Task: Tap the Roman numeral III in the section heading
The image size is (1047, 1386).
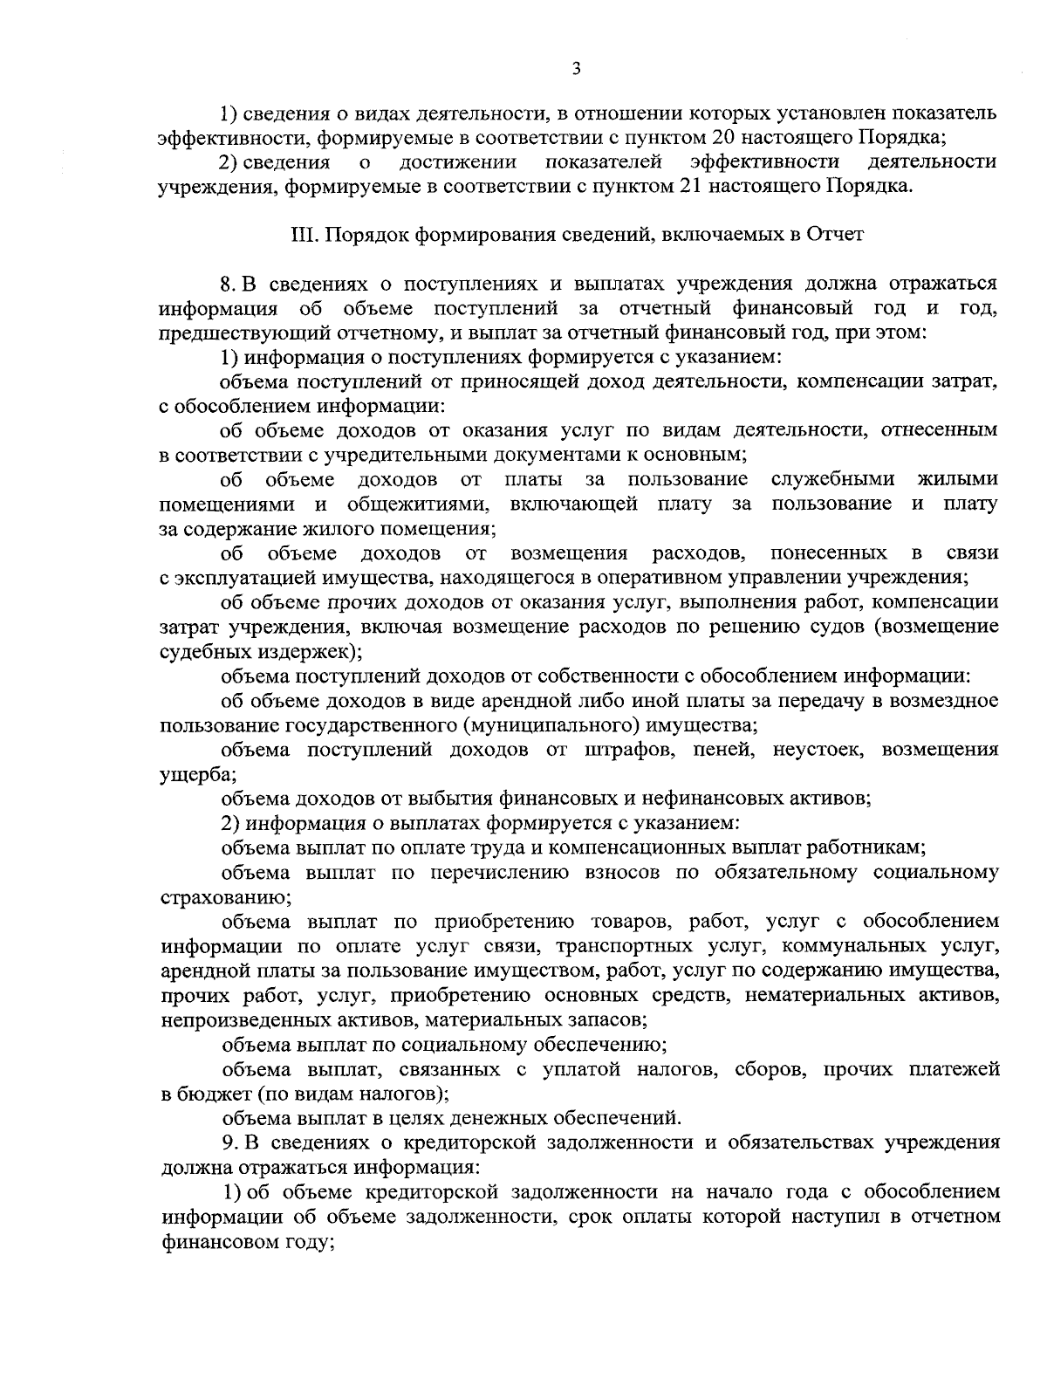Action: click(300, 235)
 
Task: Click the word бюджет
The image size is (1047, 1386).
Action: click(214, 1094)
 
